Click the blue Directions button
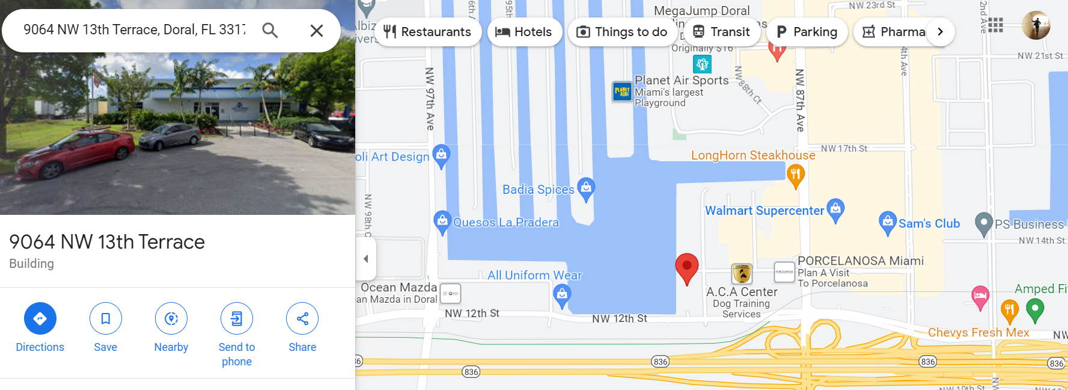tap(40, 318)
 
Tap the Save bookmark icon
tap(106, 318)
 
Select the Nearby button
tap(171, 318)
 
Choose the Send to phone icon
tap(237, 318)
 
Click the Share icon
tap(302, 318)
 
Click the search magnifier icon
tap(270, 30)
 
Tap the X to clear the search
tap(317, 30)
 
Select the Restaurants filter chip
tap(427, 32)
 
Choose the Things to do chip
tap(622, 32)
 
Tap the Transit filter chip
tap(721, 32)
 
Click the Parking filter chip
tap(807, 32)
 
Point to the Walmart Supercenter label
tap(764, 211)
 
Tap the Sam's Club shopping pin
tap(887, 223)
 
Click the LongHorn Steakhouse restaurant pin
tap(796, 176)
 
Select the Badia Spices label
tap(538, 190)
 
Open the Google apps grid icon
tap(995, 25)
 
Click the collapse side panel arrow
tap(366, 259)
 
